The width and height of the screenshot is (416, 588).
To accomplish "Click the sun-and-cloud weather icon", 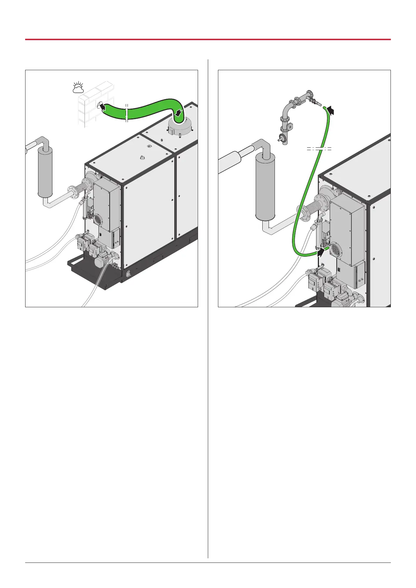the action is [78, 88].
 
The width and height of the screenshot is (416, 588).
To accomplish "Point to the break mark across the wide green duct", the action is [127, 112].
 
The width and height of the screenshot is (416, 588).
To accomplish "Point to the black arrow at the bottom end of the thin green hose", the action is [321, 252].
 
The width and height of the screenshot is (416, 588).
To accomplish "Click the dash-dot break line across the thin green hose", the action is [319, 149].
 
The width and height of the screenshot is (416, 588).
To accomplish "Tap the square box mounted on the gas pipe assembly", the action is [290, 127].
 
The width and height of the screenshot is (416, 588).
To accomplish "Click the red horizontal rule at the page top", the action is [208, 39].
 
